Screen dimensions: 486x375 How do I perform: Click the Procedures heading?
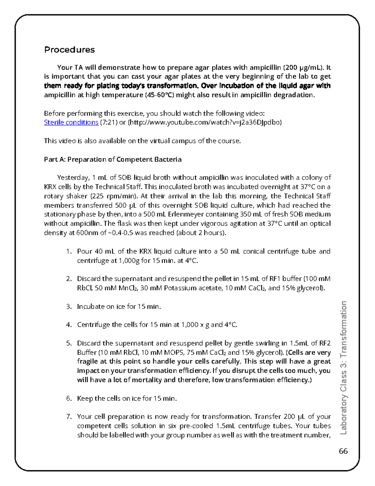69,50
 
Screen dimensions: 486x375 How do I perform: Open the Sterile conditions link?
71,122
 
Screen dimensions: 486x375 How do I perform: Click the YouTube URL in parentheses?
205,122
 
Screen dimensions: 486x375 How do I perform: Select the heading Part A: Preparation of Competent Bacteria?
112,159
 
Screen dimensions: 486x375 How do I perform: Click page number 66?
343,451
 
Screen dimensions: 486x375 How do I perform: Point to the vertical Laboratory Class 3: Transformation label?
343,368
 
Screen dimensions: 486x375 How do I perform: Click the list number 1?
69,251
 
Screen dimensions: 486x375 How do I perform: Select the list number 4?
69,325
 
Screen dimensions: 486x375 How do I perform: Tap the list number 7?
69,417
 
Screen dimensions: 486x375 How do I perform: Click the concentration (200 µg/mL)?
303,67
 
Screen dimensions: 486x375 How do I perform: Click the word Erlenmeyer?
186,214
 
